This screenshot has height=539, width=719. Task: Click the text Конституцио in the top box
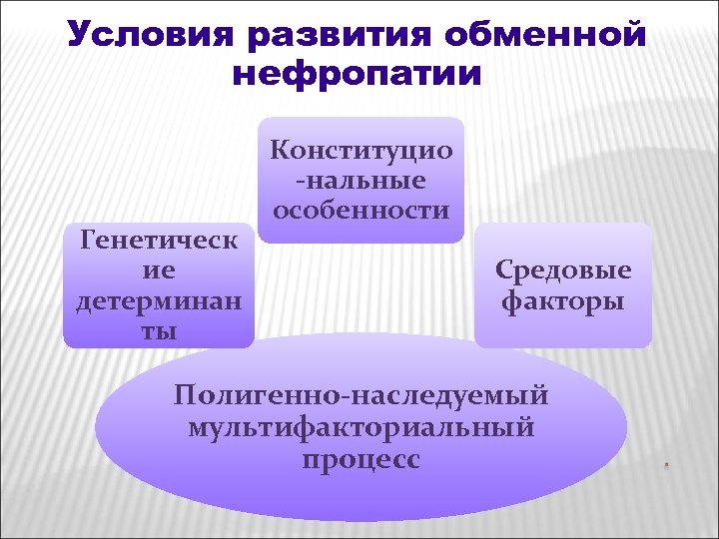tap(360, 151)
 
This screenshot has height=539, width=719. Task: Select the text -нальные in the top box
tap(360, 181)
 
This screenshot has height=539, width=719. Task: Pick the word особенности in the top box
tap(360, 211)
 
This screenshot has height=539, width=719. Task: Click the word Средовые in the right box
tap(563, 270)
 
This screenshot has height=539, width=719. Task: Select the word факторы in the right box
tap(563, 300)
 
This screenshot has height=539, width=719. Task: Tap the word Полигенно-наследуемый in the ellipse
tap(360, 395)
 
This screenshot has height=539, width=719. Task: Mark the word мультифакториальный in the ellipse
tap(360, 428)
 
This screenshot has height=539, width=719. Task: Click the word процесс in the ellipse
tap(360, 460)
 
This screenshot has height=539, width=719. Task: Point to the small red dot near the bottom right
tap(664, 466)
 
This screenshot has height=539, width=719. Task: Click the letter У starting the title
tap(79, 37)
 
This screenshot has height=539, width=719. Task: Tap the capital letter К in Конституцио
tap(280, 151)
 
